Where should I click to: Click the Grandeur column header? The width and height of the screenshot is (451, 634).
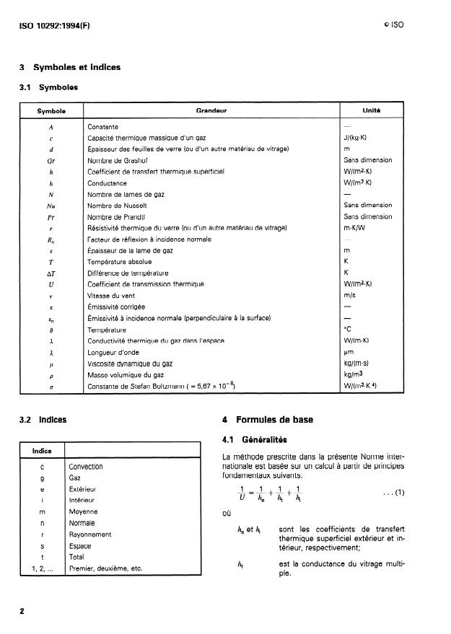[x=211, y=112]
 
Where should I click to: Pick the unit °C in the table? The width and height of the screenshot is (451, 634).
[x=349, y=330]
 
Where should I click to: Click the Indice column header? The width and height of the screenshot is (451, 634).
[x=43, y=452]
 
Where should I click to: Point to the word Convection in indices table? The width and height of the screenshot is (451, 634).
[x=85, y=467]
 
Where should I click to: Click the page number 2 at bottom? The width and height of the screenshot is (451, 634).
[x=22, y=611]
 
